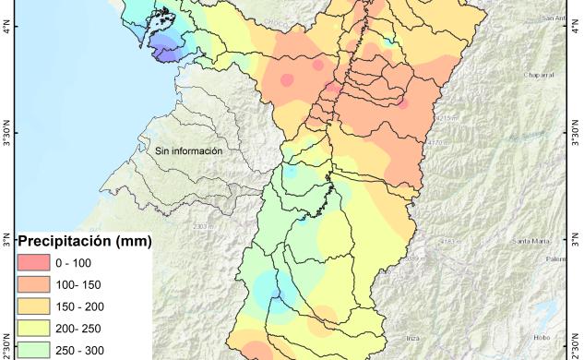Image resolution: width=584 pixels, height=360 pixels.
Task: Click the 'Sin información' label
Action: [x=189, y=150]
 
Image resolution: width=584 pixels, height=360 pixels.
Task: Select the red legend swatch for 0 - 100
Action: [x=32, y=264]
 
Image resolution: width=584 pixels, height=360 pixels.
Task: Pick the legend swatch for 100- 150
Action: [x=32, y=285]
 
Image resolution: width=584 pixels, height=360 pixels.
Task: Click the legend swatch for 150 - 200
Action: [x=32, y=306]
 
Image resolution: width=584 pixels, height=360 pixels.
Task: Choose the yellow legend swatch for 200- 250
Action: [x=32, y=329]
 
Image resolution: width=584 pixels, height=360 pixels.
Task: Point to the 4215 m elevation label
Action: [x=446, y=118]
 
